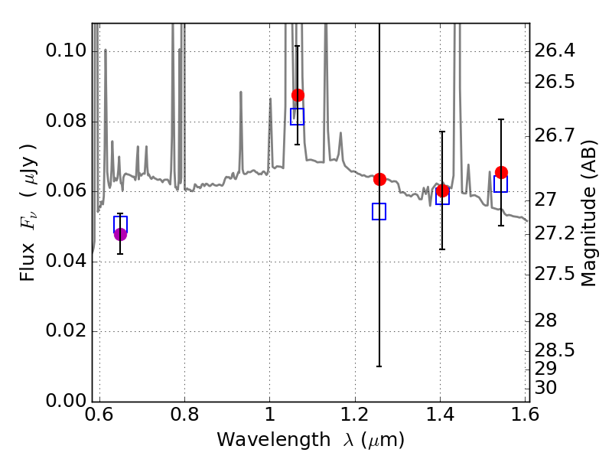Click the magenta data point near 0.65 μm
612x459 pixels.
[120, 234]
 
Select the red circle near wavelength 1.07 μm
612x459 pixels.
[298, 95]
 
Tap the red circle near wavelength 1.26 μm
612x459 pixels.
[379, 179]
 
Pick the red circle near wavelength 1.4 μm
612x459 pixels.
[442, 190]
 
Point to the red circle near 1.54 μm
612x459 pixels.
[501, 172]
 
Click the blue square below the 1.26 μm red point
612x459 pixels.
[379, 211]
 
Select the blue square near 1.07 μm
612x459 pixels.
[298, 116]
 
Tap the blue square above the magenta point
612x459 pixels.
[120, 223]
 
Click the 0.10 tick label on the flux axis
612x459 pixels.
[67, 52]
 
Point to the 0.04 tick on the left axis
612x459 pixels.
[67, 262]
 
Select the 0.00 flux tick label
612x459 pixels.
[67, 402]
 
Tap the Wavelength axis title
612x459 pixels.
[311, 440]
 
